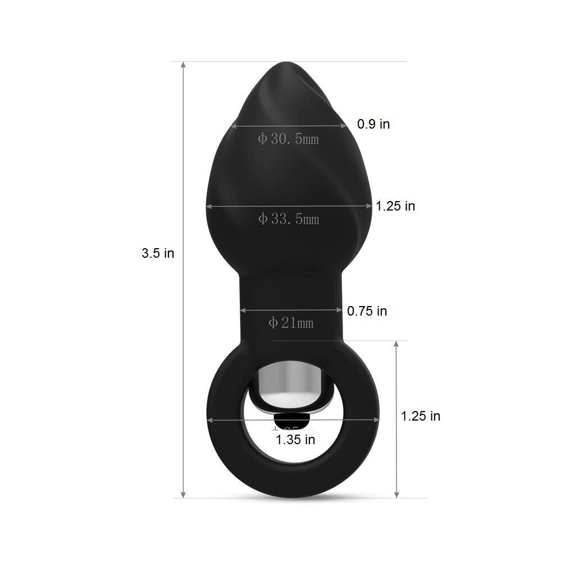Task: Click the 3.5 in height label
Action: [x=158, y=253]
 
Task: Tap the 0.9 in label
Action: [x=373, y=124]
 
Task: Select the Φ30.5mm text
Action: [x=288, y=139]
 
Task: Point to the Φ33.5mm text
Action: [x=289, y=219]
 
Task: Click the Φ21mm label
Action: [x=291, y=323]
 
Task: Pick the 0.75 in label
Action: [x=367, y=311]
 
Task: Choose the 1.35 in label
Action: [x=295, y=440]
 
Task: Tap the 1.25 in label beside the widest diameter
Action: [x=396, y=206]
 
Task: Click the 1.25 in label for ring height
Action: [x=421, y=416]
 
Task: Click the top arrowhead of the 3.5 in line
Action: [x=183, y=65]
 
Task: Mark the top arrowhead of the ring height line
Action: [x=397, y=344]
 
